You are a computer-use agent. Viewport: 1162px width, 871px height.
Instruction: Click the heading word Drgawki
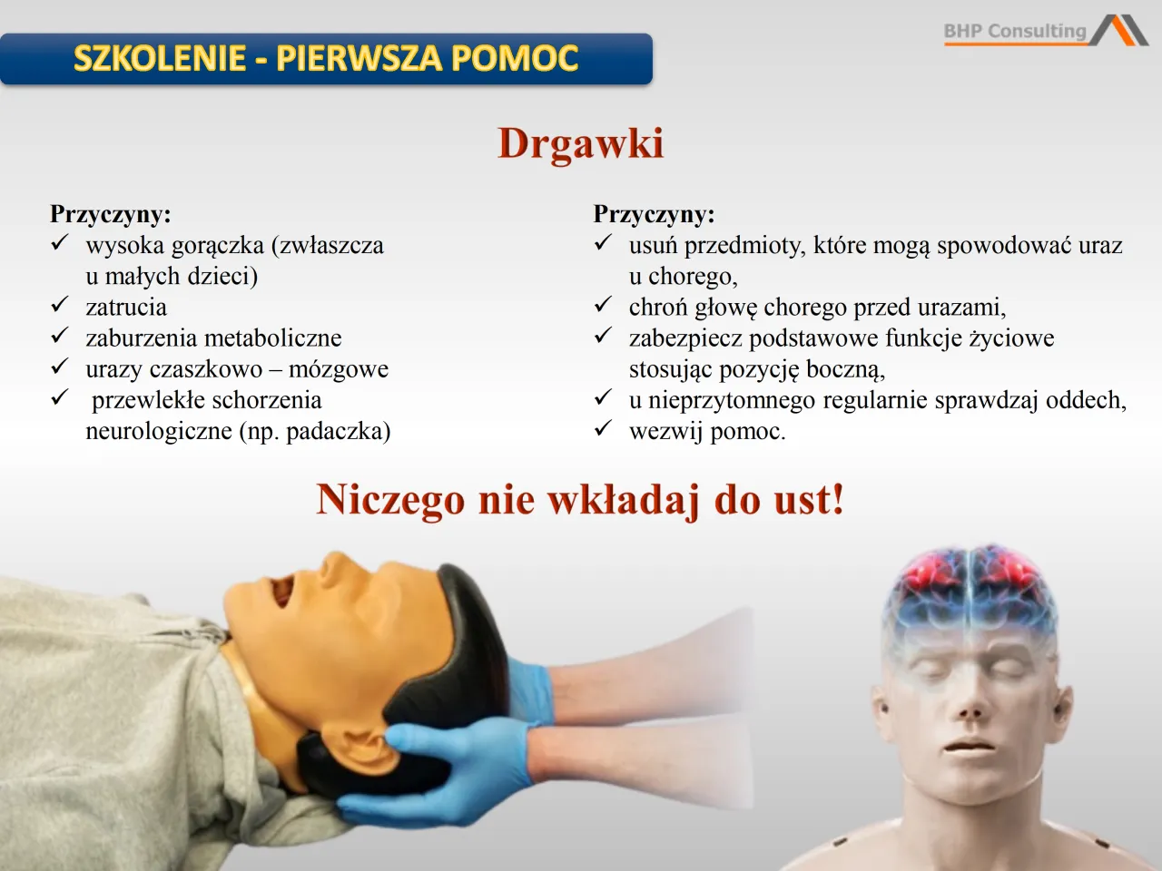click(580, 143)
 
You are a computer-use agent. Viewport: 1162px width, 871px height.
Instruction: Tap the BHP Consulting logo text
click(1015, 31)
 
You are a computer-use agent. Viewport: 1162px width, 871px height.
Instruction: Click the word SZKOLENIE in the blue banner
click(160, 58)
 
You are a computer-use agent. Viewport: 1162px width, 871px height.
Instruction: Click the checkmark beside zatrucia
click(60, 305)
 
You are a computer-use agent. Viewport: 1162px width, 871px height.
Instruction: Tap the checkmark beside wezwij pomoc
click(604, 429)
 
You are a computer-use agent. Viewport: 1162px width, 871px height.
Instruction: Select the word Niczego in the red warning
click(390, 499)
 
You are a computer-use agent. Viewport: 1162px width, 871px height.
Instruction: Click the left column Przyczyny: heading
click(110, 214)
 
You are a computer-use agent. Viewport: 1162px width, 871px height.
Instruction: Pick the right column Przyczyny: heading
click(654, 214)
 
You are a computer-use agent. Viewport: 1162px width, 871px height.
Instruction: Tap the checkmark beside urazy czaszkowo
click(60, 367)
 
